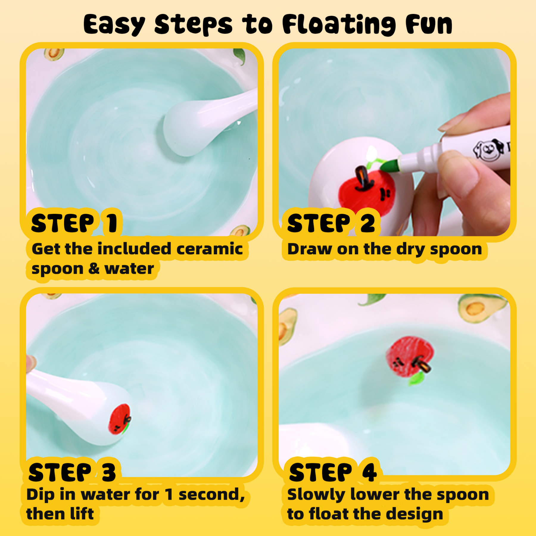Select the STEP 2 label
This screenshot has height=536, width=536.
(x=331, y=223)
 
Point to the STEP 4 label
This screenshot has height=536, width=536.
(x=333, y=473)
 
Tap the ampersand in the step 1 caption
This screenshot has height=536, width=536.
(x=94, y=269)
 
